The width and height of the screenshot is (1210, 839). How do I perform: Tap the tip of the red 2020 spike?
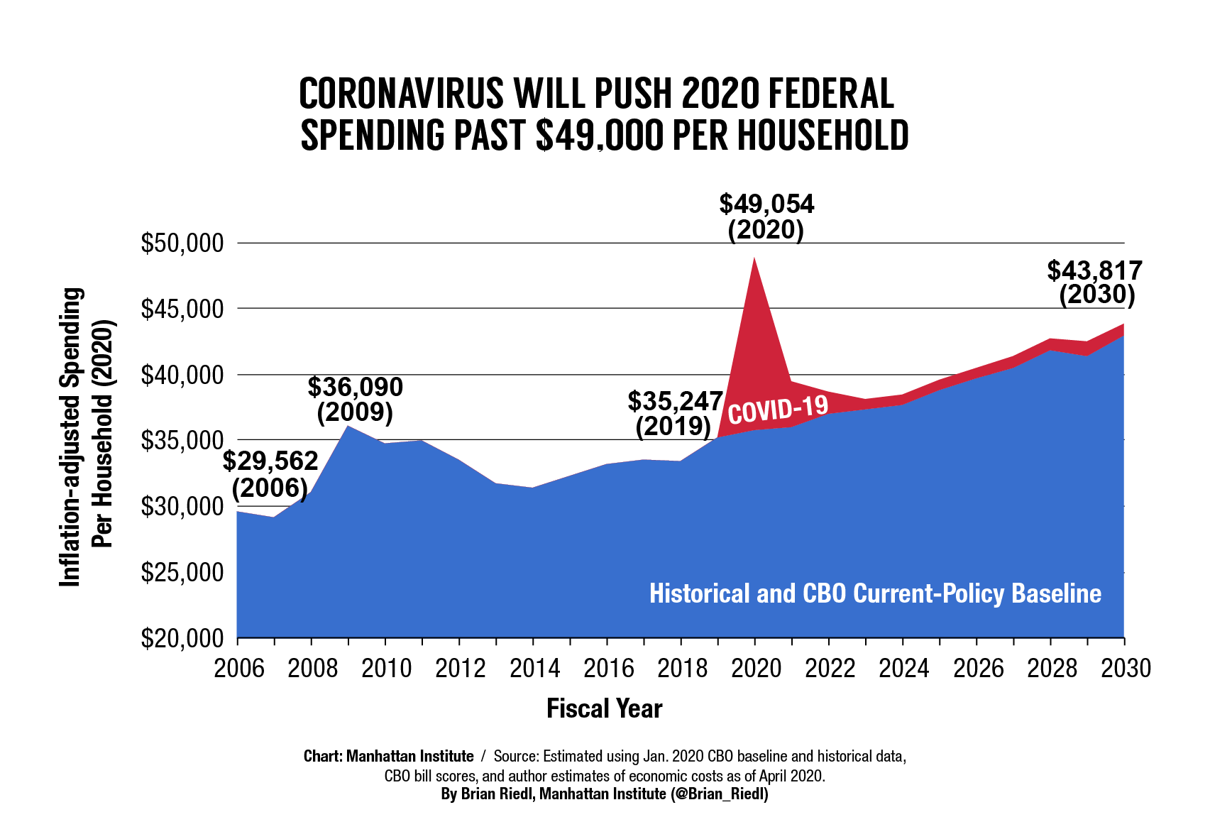click(754, 258)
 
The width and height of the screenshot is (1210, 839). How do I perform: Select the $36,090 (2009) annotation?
click(355, 399)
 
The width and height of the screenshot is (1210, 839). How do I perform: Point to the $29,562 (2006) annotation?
click(270, 474)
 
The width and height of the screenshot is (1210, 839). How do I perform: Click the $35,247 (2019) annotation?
click(675, 413)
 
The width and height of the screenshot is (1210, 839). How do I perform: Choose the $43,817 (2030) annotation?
click(1095, 282)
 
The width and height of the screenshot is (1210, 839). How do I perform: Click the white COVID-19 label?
click(778, 409)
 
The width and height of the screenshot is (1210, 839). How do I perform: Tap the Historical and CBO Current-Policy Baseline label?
click(875, 593)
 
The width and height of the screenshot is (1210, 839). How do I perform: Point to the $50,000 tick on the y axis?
click(182, 243)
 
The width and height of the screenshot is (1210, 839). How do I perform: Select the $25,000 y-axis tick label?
click(182, 572)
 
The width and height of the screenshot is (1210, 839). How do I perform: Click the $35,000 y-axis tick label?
click(182, 441)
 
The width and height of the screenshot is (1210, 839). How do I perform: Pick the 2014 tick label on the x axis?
click(534, 669)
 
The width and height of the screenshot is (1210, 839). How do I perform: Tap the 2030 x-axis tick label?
click(1124, 669)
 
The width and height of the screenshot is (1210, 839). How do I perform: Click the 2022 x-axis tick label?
click(829, 669)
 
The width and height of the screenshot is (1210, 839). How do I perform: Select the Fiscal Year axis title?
click(604, 708)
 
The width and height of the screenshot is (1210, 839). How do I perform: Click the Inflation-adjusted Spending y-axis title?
click(70, 437)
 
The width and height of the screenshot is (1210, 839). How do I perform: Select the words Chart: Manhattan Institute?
click(388, 756)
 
